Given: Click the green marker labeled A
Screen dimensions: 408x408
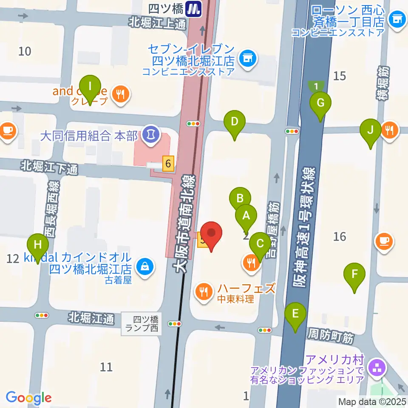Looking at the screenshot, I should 246,216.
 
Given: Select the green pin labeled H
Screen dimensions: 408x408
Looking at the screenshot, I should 38,245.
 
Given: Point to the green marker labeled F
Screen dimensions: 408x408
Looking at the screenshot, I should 354,275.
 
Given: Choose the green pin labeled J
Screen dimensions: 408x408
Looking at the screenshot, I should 370,130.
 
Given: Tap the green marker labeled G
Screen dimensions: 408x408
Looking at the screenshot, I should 320,103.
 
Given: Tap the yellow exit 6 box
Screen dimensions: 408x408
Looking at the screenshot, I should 168,163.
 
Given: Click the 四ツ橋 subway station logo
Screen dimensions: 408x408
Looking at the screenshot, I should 195,8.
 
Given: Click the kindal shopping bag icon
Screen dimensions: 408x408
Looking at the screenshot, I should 145,267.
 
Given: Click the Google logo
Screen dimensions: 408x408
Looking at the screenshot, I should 28,398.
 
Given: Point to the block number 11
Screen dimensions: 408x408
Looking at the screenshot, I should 106,366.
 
